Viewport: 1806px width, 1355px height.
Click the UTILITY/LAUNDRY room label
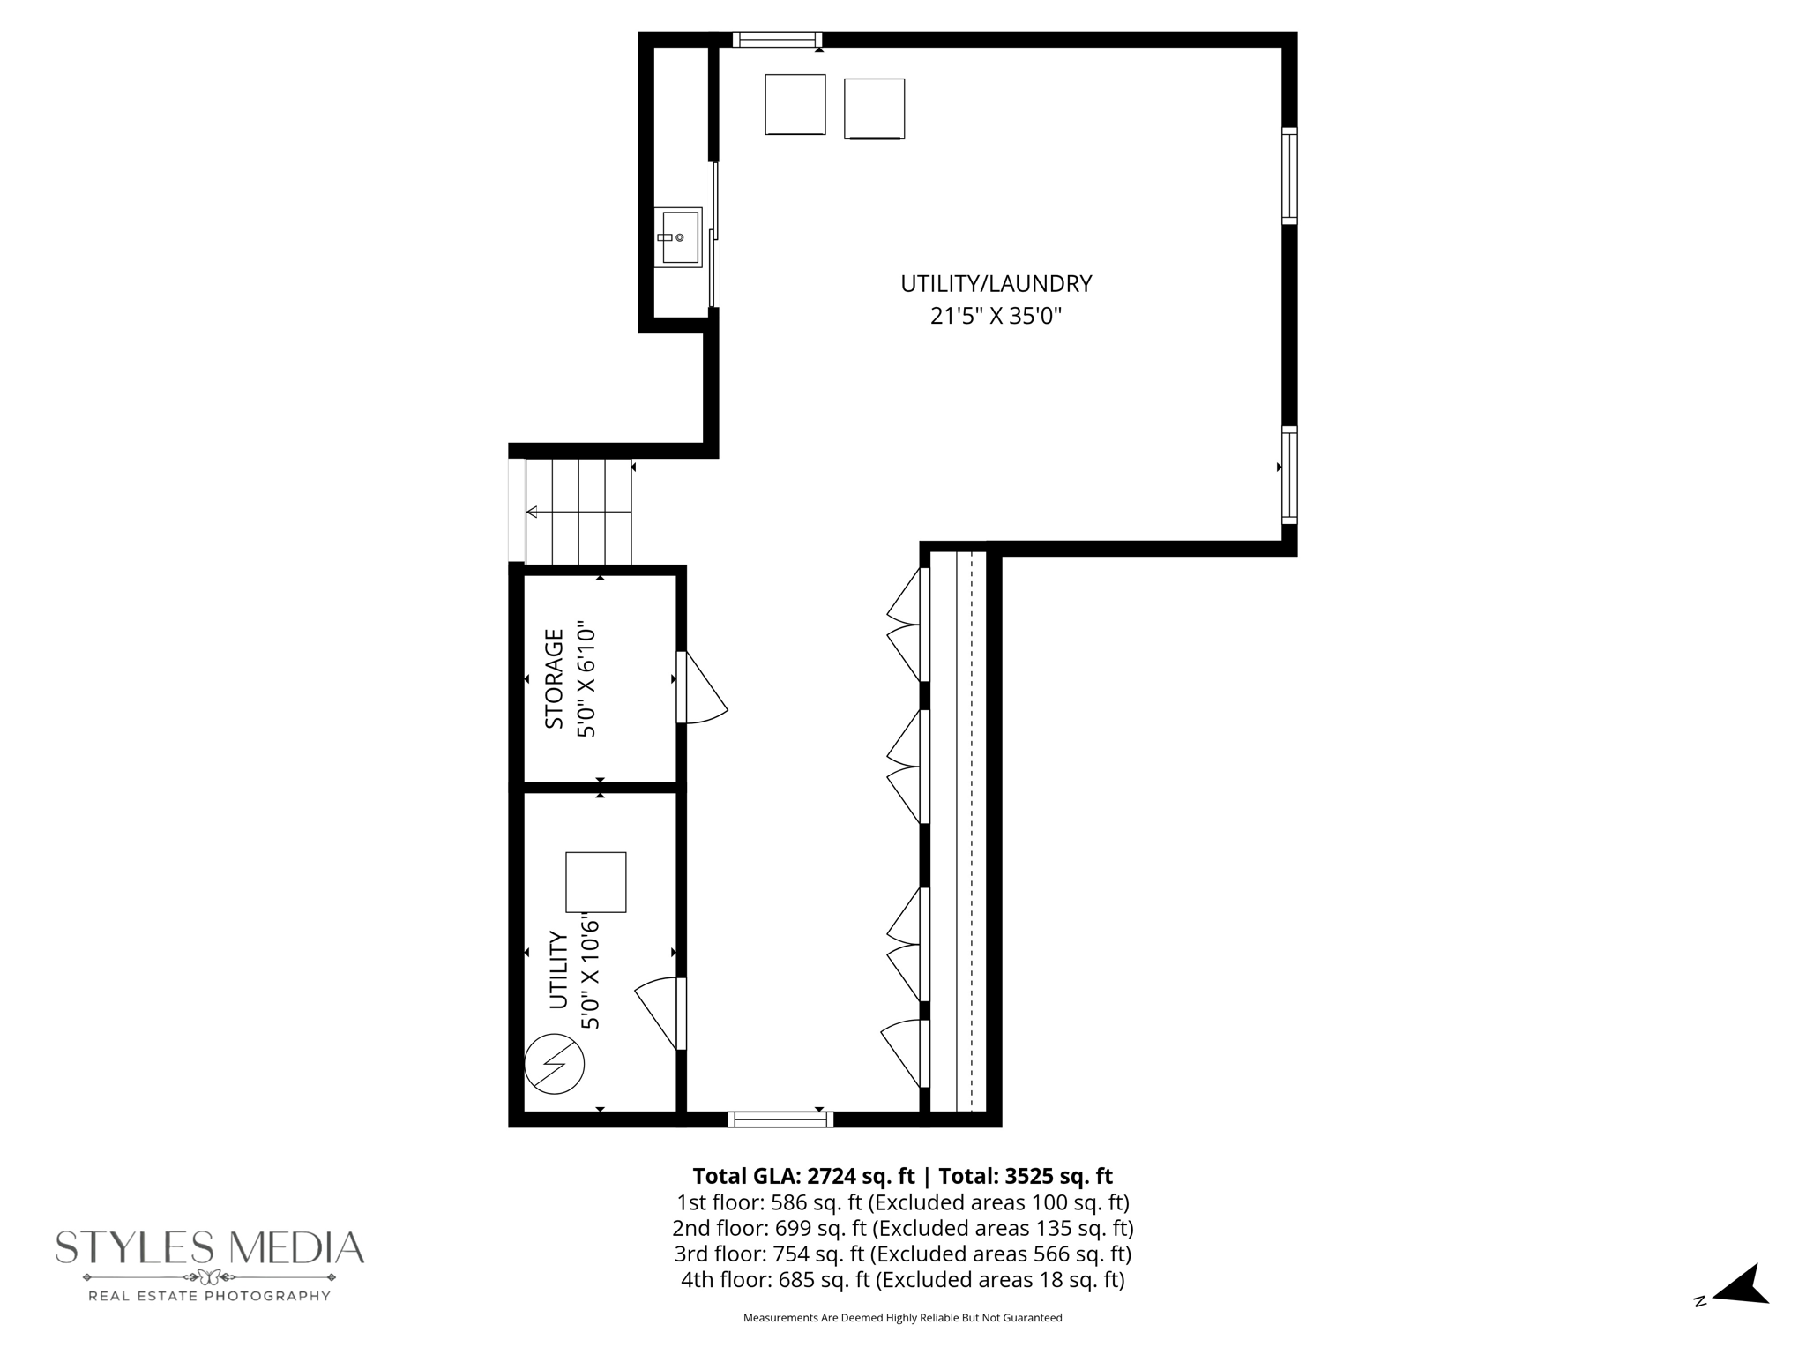point(996,284)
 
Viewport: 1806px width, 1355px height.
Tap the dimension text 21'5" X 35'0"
point(996,316)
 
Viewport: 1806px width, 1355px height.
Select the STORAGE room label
point(554,678)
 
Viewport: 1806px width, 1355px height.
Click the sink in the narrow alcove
point(677,236)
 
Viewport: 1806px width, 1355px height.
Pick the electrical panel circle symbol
point(554,1063)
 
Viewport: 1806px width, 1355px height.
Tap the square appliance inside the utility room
point(595,881)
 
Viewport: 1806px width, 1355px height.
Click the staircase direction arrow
point(532,512)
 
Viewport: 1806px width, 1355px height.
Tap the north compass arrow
point(1742,1286)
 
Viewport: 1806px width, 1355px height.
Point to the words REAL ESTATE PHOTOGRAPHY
point(209,1296)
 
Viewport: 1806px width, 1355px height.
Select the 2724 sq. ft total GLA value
point(860,1176)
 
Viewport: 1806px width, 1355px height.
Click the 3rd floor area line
point(902,1254)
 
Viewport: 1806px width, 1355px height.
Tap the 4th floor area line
point(902,1279)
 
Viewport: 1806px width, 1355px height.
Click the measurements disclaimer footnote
point(902,1318)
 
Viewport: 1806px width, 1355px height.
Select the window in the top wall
point(776,40)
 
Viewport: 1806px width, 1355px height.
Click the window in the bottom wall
point(780,1119)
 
